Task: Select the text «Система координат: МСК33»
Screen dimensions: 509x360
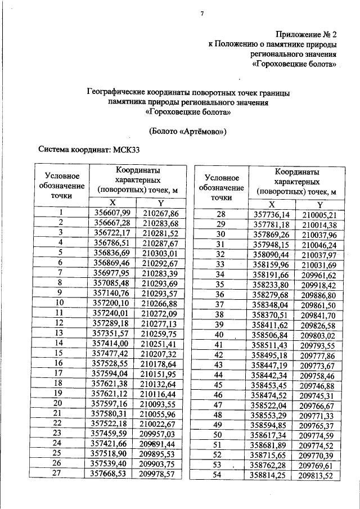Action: point(88,150)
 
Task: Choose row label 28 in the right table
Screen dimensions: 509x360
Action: point(220,214)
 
